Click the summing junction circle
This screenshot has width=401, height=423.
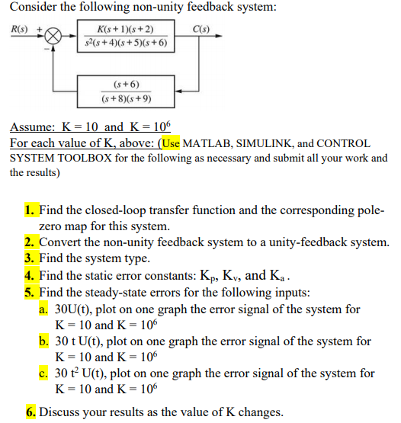[53, 37]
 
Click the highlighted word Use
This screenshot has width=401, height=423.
[169, 143]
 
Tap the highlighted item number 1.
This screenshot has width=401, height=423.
[30, 210]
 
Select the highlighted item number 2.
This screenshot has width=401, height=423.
[30, 242]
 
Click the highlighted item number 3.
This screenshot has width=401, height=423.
[30, 259]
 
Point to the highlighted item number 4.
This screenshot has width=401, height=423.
[30, 276]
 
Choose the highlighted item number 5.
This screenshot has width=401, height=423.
[30, 293]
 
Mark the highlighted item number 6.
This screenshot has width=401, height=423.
[30, 412]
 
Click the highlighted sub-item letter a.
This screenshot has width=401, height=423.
[43, 309]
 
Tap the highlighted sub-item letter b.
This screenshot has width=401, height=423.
[43, 341]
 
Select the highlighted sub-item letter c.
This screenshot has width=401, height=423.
[43, 373]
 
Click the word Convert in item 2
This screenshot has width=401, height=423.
[63, 242]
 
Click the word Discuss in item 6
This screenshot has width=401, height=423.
[61, 412]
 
